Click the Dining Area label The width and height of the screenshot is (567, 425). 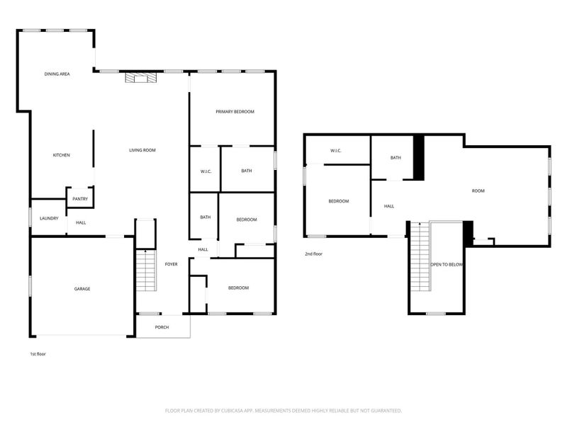coord(57,74)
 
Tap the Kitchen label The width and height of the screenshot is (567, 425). coord(62,155)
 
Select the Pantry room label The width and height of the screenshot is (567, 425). coord(80,199)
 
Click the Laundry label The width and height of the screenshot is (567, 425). coord(49,218)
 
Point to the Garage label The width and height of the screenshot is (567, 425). coord(82,288)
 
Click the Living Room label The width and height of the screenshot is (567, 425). coord(142,150)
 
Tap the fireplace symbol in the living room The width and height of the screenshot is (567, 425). coord(137,77)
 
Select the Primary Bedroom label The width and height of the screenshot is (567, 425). coord(235,112)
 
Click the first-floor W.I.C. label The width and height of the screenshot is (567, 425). coord(206,171)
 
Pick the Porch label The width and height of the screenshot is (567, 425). coord(162,327)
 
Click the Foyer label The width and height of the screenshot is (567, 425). coord(171,264)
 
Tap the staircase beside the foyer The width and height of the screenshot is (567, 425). coord(146,270)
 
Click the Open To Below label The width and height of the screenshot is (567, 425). coord(447,264)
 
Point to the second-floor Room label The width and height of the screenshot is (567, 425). coord(478,191)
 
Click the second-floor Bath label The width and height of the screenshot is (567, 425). coord(395,157)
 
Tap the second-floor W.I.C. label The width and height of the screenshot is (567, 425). coord(337,151)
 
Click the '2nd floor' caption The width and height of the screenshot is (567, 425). coord(314,254)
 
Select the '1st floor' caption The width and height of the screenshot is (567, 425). coord(38,353)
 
